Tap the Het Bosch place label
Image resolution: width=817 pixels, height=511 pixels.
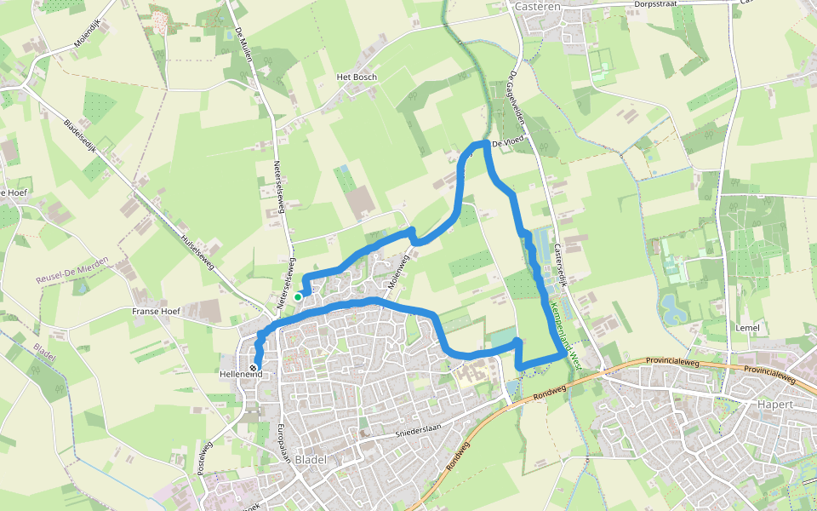(357, 77)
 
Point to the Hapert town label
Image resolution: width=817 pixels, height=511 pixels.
(775, 404)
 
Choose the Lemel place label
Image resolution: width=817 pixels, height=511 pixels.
(746, 327)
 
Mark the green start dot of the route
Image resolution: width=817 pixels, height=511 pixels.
(298, 296)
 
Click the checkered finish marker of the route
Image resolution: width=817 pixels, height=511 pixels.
(257, 368)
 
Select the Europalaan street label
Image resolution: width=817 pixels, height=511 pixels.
(284, 442)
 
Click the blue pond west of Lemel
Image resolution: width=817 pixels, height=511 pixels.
(672, 307)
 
